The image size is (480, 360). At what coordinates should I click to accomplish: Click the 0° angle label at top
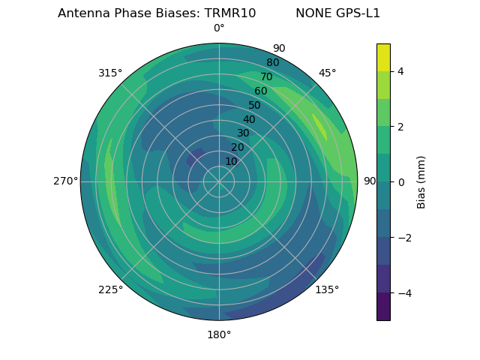[219, 28]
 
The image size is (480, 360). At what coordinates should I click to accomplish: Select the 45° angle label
[327, 73]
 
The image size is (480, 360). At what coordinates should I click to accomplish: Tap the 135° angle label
[327, 289]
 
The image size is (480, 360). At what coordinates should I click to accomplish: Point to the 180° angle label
[219, 334]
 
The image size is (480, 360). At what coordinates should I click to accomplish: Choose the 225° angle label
[110, 289]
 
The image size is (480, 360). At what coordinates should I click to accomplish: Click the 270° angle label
[65, 181]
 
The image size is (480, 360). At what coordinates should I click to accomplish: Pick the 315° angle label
[110, 73]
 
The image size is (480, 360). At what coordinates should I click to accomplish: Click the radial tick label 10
[231, 161]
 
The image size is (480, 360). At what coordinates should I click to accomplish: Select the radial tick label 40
[249, 120]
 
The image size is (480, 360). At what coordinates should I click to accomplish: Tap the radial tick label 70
[266, 76]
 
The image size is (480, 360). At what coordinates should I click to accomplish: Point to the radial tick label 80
[272, 63]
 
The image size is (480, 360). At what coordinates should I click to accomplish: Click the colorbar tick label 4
[401, 71]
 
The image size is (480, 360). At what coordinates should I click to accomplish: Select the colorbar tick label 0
[401, 182]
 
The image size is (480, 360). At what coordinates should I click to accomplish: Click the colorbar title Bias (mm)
[421, 182]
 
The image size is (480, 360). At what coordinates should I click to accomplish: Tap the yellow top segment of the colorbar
[383, 57]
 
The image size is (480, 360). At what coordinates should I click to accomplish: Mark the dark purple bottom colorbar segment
[383, 307]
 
